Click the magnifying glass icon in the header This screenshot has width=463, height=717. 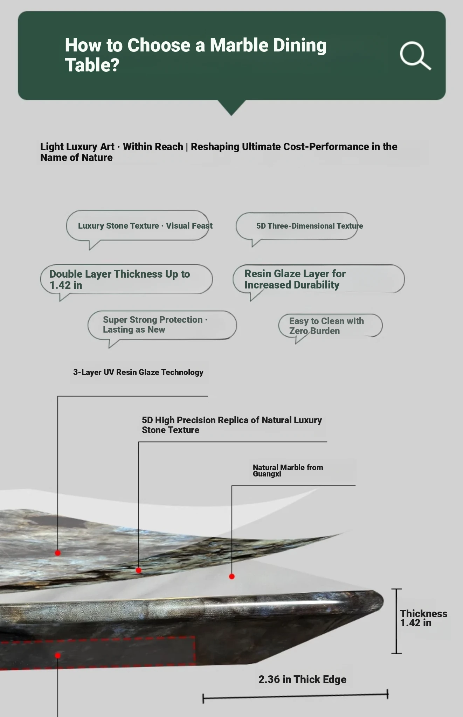tap(415, 56)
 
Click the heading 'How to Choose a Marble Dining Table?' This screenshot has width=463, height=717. tap(196, 55)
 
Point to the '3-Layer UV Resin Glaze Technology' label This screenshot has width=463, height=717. tap(138, 372)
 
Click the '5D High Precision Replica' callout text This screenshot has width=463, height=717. tap(232, 425)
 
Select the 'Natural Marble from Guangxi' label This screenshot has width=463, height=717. tap(288, 471)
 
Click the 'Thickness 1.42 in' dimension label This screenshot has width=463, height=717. tap(423, 618)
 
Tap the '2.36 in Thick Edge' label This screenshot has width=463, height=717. tap(302, 679)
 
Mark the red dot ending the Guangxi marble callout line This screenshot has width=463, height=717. tap(232, 576)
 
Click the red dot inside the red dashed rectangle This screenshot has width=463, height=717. tap(58, 655)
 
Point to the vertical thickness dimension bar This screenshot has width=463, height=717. tap(396, 621)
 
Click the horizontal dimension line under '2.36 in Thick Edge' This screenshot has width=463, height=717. tap(295, 696)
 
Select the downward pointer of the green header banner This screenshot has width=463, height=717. tap(231, 107)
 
